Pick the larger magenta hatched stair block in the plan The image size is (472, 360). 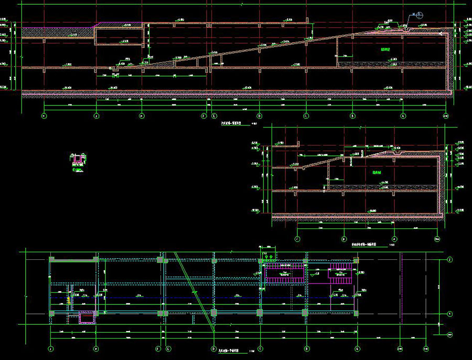(x=285, y=273)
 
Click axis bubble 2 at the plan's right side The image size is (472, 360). (x=449, y=259)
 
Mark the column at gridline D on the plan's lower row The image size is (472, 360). (x=213, y=313)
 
